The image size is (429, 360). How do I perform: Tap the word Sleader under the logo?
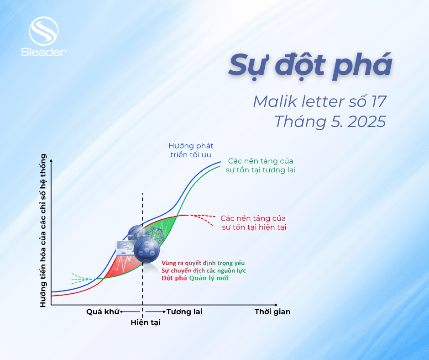tap(43, 52)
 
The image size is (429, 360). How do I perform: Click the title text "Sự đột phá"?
tap(310, 65)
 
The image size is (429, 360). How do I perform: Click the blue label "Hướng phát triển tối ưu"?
tap(191, 150)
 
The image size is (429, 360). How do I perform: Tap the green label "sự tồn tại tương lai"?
tap(261, 170)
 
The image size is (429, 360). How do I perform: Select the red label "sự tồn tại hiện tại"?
tap(254, 227)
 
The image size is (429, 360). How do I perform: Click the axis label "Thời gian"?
tap(272, 312)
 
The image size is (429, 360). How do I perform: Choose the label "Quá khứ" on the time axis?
tap(102, 312)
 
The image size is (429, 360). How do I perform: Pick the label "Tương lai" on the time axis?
tap(184, 312)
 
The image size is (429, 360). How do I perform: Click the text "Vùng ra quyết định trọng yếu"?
tap(203, 263)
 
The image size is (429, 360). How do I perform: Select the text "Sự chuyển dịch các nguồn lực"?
tap(203, 270)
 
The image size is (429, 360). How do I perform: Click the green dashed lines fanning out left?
tap(80, 278)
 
